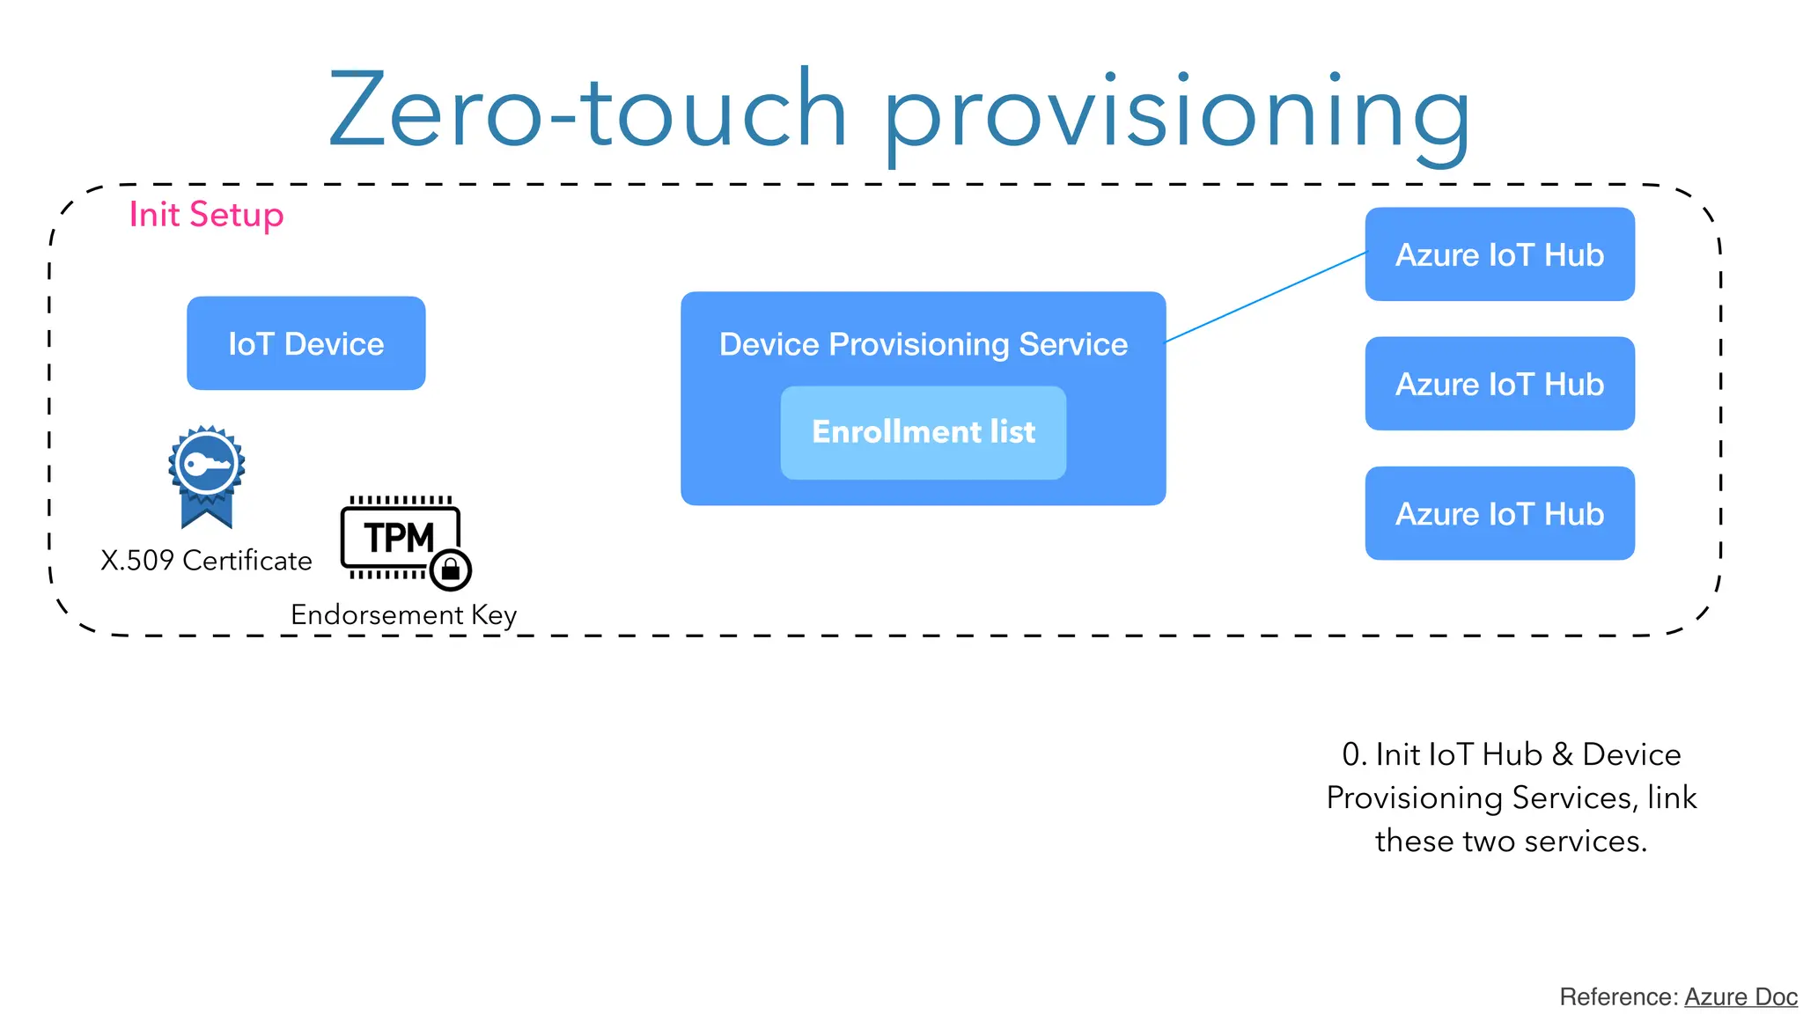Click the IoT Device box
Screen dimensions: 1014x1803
[305, 343]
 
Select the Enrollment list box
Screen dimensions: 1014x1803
[923, 432]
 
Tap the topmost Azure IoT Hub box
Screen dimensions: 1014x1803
[1499, 254]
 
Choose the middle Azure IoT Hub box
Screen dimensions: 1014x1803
[1499, 384]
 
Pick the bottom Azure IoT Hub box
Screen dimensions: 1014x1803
[1499, 513]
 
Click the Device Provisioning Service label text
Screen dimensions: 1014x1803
[923, 344]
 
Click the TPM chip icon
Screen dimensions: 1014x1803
[400, 536]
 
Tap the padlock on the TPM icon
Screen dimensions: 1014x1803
[451, 569]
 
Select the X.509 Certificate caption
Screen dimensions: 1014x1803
[206, 561]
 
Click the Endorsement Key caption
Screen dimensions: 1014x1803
[403, 614]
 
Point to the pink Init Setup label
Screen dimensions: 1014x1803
[206, 215]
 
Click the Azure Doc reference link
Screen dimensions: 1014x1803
[1740, 996]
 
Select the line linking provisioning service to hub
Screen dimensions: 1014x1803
[1265, 298]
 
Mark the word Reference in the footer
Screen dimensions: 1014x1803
[1617, 996]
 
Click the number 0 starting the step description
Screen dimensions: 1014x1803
[1352, 754]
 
